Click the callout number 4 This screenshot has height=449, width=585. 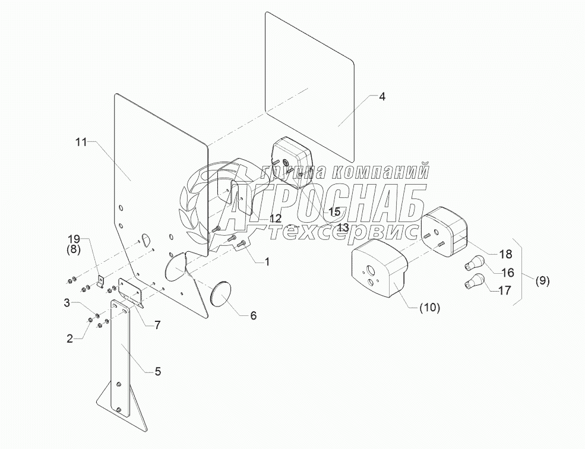click(382, 97)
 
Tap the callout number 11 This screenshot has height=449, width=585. click(81, 141)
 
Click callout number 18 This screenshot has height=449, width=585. click(505, 254)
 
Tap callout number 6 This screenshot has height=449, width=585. click(253, 315)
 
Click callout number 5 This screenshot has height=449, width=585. click(157, 372)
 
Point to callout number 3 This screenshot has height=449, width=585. click(69, 303)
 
